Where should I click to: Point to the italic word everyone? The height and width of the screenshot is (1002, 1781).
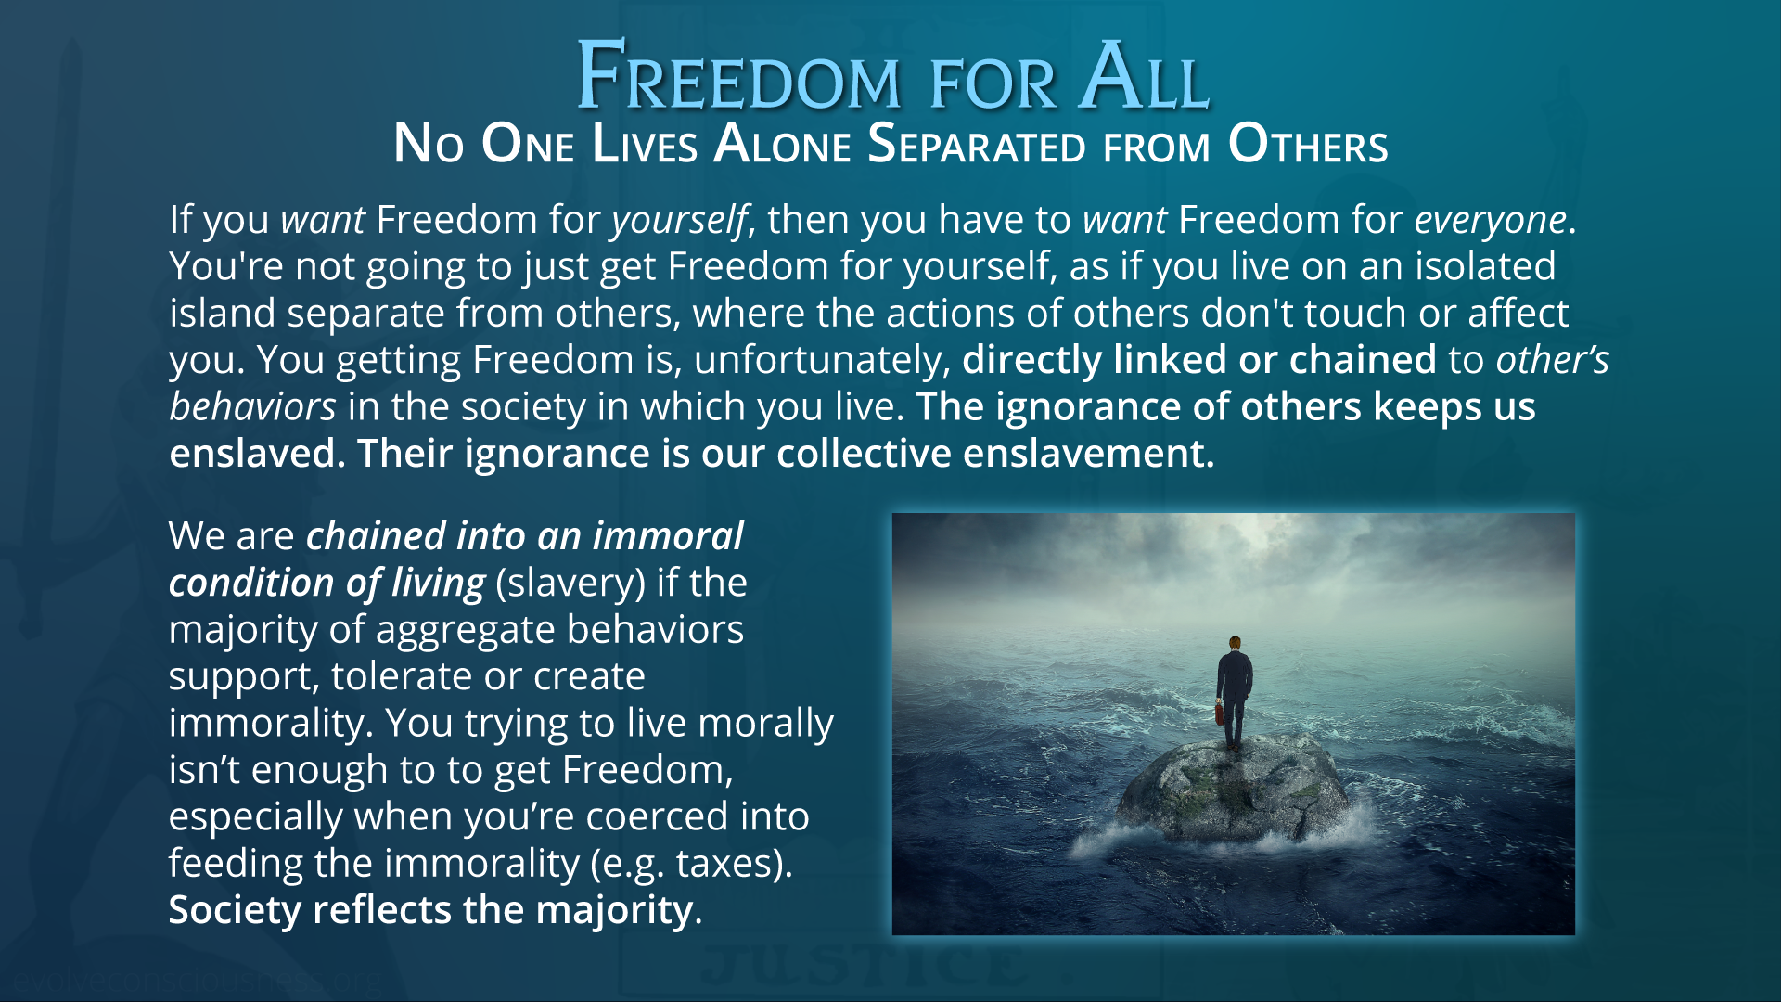pos(1491,220)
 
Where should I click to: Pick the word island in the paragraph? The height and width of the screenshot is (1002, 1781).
pos(222,313)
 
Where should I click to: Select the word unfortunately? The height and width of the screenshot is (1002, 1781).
pos(822,361)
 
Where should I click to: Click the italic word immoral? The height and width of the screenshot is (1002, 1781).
pos(668,536)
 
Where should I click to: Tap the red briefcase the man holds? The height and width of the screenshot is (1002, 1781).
pos(1219,713)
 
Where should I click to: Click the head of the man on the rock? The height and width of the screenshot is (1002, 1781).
pos(1235,643)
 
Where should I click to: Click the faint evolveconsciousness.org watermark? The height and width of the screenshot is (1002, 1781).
pos(197,980)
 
